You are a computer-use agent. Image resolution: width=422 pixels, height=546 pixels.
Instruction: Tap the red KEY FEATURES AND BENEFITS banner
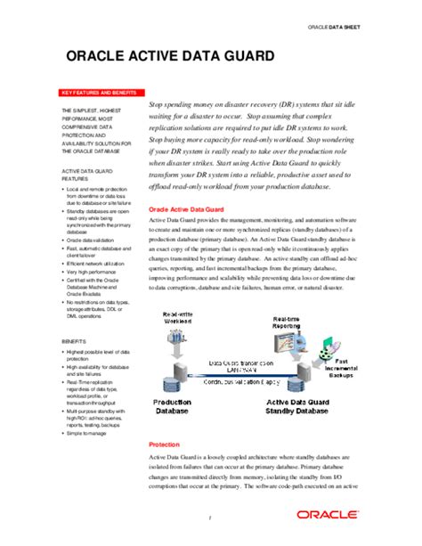pyautogui.click(x=98, y=93)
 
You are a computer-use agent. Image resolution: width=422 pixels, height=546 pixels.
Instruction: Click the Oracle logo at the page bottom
pyautogui.click(x=329, y=516)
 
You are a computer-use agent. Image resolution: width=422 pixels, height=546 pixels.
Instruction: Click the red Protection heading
pyautogui.click(x=164, y=444)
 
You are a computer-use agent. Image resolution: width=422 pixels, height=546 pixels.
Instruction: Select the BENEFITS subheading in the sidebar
pyautogui.click(x=75, y=341)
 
